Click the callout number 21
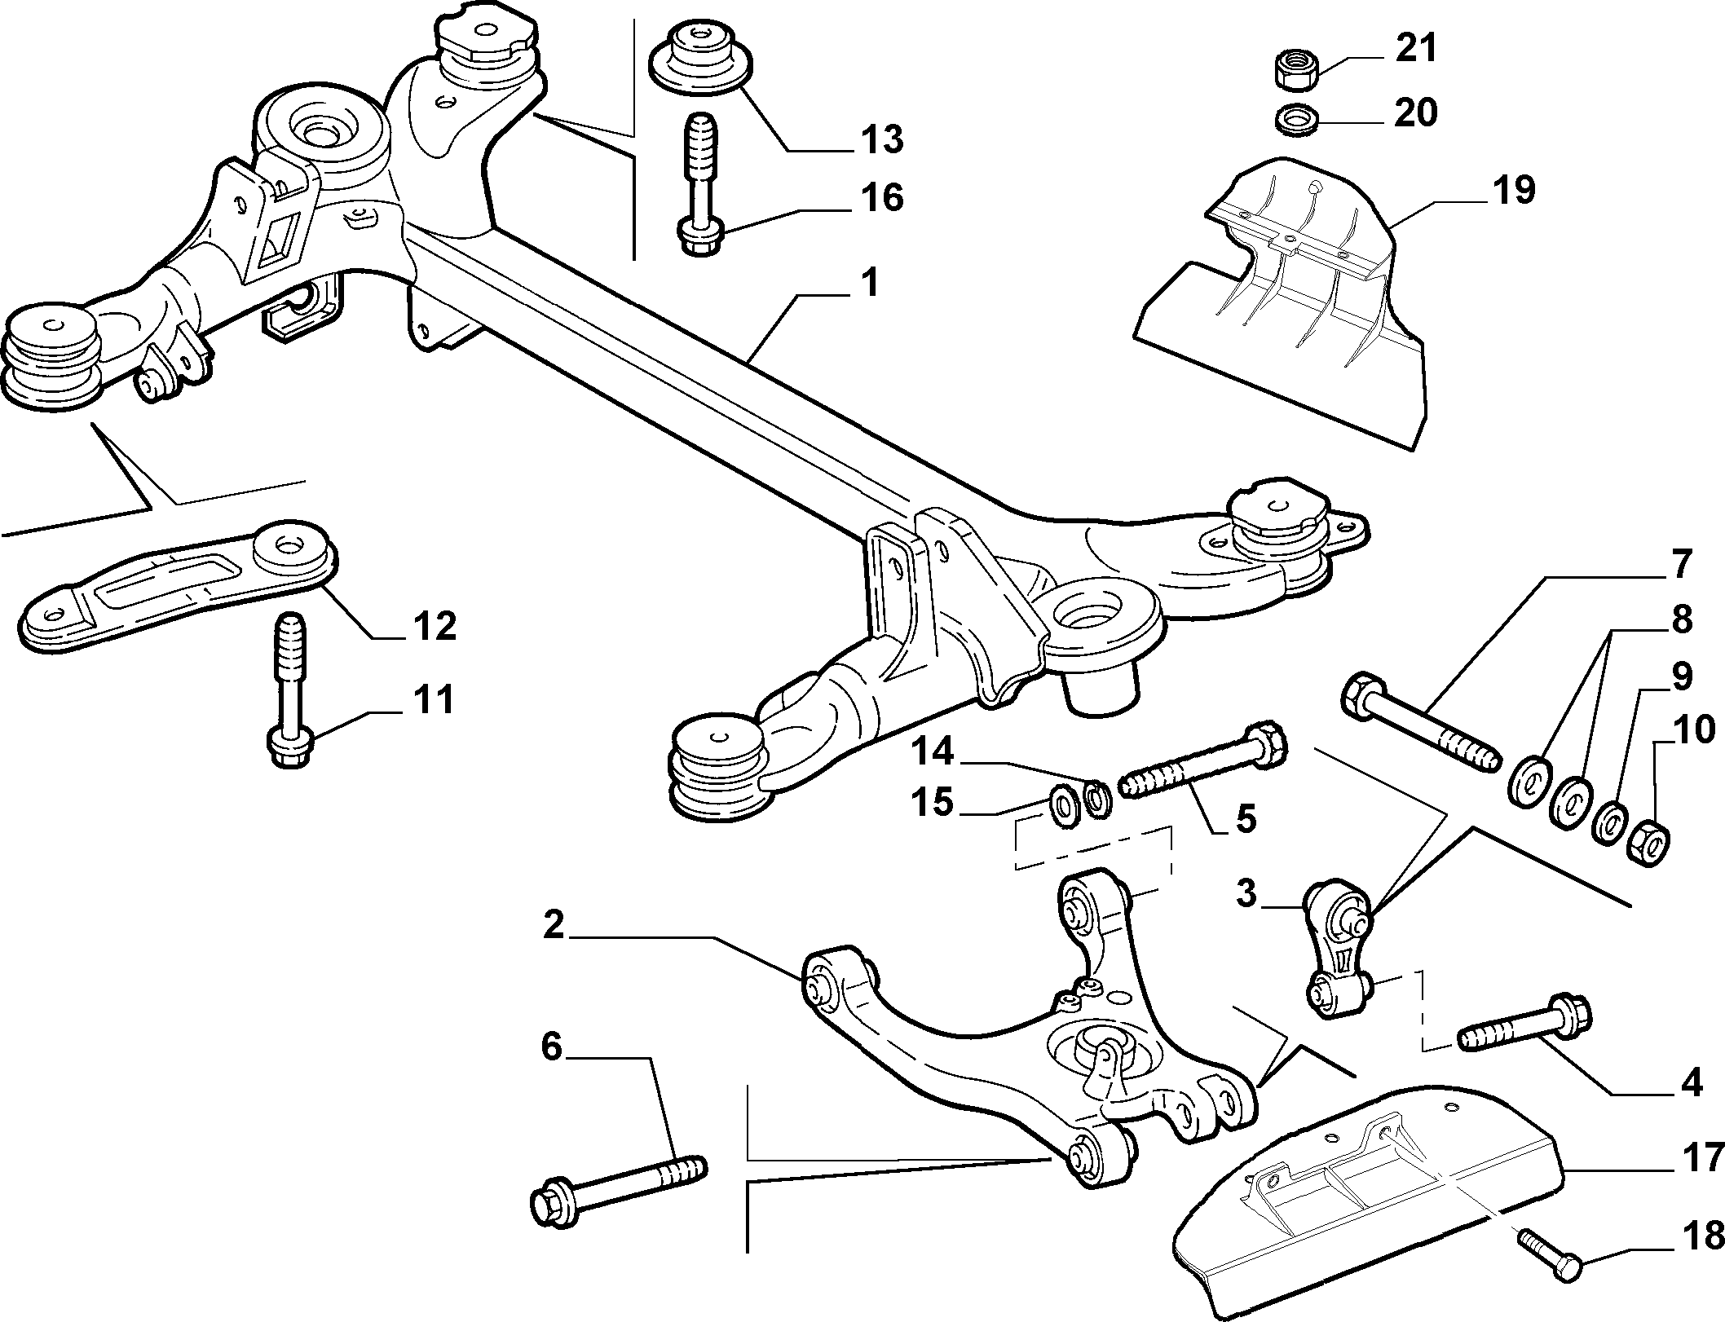coord(1415,50)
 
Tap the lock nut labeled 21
coord(1296,70)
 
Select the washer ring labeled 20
coord(1297,121)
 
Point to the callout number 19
coord(1514,190)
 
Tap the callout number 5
coord(1245,819)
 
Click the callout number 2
coord(554,926)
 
